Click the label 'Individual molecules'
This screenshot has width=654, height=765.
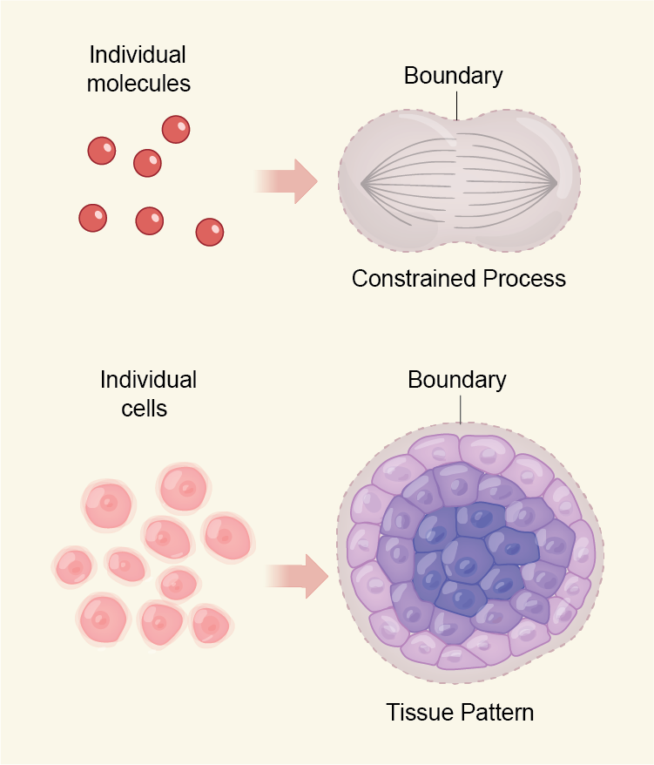pos(138,70)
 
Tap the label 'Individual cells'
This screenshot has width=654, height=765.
pos(148,393)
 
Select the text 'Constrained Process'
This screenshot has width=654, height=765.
pos(459,279)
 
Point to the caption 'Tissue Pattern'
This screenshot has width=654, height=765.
pos(460,712)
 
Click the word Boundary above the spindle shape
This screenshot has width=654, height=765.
pos(453,76)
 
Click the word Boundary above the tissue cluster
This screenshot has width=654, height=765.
pos(456,380)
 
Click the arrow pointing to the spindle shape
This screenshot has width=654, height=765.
pos(287,181)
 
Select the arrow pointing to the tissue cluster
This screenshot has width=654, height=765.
pos(297,575)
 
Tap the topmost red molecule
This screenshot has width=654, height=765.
pos(176,130)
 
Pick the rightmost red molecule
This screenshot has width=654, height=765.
pos(210,232)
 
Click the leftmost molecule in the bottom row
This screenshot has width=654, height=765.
pos(92,218)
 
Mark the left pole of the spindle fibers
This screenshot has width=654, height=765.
pos(362,183)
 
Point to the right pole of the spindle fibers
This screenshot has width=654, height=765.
pos(556,183)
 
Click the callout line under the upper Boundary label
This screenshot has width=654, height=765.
pos(455,105)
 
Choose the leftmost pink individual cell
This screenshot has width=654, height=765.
pos(73,568)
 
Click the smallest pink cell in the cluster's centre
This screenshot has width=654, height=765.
pos(179,583)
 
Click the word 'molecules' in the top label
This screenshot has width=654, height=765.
pos(138,84)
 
